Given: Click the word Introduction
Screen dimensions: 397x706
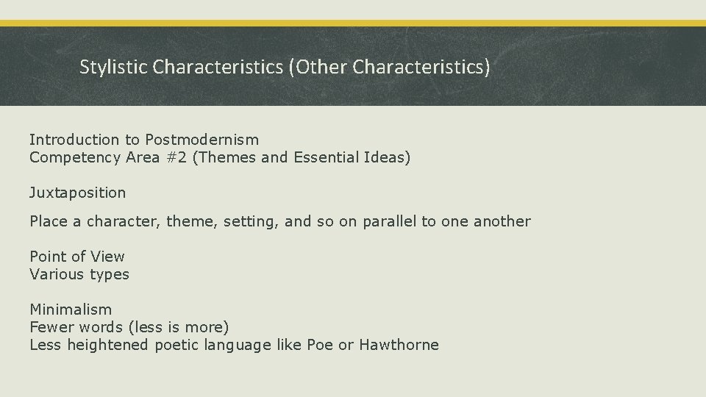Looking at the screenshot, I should click(74, 139).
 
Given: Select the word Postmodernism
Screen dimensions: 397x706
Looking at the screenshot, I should click(202, 139).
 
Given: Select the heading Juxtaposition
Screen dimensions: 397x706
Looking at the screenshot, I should click(77, 193).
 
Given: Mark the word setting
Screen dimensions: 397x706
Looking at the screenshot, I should click(246, 221).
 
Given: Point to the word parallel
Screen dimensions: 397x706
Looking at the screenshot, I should click(389, 221).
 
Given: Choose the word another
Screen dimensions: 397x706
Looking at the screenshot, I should click(502, 221).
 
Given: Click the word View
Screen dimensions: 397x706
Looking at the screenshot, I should click(108, 257).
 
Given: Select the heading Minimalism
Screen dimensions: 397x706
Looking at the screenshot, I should click(71, 310).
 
